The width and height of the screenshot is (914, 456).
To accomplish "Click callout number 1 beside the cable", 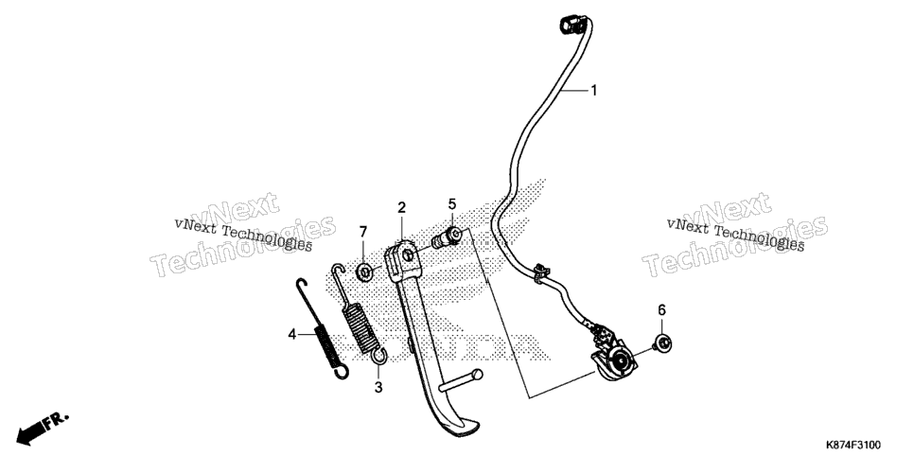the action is (593, 91).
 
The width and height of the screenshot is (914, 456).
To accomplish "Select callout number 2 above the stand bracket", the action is (401, 207).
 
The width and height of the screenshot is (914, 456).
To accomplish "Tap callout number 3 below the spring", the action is (378, 387).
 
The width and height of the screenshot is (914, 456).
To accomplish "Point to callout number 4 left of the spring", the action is (292, 334).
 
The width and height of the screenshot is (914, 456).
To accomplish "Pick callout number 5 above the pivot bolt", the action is (451, 204).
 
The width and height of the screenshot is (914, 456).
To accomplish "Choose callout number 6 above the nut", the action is (661, 310).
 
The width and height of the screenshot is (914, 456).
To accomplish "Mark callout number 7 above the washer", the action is (363, 232).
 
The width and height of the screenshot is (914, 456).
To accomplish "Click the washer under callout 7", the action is (365, 272).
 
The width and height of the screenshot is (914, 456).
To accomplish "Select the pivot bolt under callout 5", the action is (448, 237).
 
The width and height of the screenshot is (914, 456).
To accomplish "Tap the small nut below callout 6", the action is (662, 343).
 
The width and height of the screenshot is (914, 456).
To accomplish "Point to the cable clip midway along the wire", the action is (541, 272).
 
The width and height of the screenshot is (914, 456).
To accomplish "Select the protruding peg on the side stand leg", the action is (461, 380).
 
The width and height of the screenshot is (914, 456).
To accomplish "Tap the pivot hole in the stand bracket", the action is (409, 255).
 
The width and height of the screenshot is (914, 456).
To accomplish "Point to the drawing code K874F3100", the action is (852, 446).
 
